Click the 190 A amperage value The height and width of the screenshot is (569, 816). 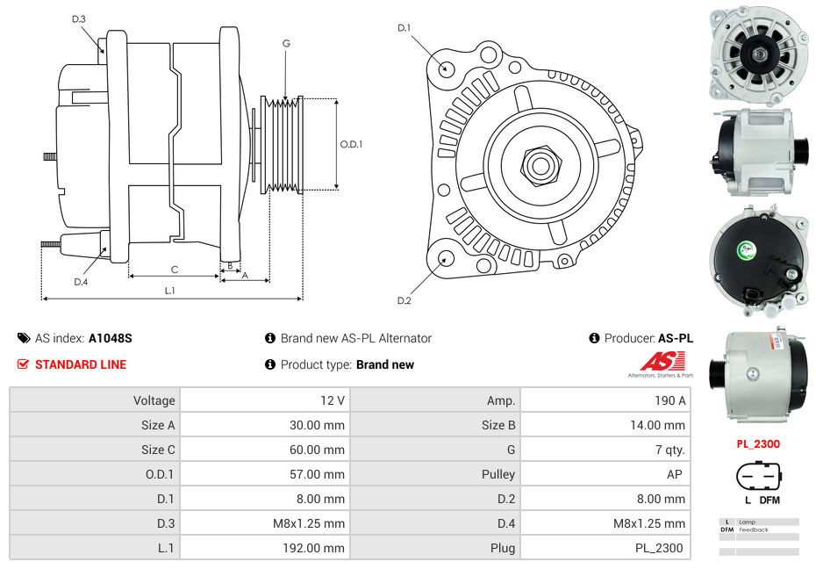click(x=669, y=400)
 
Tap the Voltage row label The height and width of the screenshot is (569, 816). click(x=154, y=400)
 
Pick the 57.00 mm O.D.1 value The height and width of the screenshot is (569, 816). click(x=321, y=474)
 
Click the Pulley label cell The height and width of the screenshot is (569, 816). click(x=498, y=474)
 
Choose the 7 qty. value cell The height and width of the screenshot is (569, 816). click(x=669, y=450)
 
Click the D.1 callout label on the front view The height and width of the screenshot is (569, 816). click(x=404, y=28)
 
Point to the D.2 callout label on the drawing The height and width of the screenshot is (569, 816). click(x=404, y=301)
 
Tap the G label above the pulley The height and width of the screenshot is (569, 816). click(x=286, y=43)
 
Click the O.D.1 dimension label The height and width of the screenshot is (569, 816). click(x=351, y=145)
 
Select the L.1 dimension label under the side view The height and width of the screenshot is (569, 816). click(x=170, y=290)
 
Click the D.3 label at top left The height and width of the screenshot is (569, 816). click(x=79, y=18)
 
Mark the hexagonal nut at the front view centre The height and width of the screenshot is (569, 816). click(x=539, y=163)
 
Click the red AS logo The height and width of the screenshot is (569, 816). click(x=660, y=362)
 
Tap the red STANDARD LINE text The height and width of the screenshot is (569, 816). click(x=80, y=364)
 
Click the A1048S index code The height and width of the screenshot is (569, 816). click(x=110, y=338)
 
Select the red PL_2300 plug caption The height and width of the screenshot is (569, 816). click(x=758, y=444)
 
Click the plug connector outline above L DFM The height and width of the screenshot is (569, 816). click(x=758, y=477)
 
